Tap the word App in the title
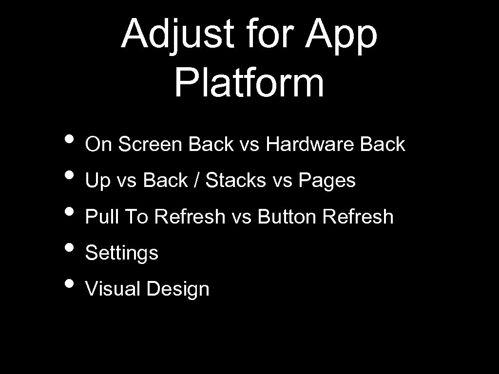341,35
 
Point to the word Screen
151,144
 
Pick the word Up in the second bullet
97,181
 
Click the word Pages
327,181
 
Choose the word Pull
101,217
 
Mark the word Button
287,217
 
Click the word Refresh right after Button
358,217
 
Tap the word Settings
122,253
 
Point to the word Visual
113,289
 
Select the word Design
177,289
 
